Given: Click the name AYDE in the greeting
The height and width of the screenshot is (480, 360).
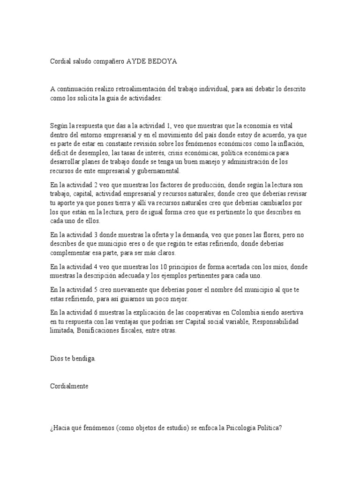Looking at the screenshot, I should click(137, 62).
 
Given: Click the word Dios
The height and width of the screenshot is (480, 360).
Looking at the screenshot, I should click(57, 359).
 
